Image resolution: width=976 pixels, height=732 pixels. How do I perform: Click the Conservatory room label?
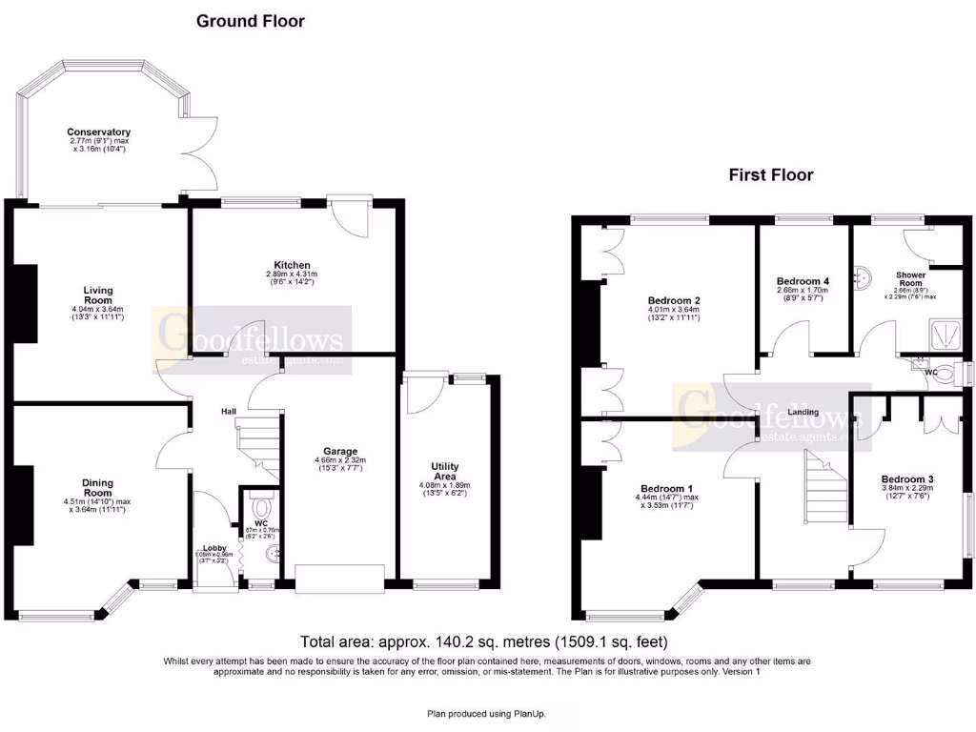(98, 132)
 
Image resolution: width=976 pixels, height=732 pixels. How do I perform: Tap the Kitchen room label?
(293, 265)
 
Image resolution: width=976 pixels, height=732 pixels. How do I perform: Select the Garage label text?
(339, 451)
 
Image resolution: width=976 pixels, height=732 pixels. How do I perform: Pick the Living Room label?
(97, 295)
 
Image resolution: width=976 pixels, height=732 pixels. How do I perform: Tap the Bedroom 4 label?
(803, 281)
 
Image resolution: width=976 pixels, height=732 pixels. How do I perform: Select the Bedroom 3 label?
(906, 478)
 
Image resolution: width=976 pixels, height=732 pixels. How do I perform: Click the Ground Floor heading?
(251, 21)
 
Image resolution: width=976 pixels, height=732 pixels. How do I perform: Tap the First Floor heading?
(771, 174)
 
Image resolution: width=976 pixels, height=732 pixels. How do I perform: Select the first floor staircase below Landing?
(825, 488)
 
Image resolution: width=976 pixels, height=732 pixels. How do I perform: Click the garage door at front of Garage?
(339, 579)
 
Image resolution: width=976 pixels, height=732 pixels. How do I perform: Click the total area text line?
(485, 641)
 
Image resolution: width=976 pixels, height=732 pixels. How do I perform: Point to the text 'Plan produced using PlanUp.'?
(486, 713)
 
